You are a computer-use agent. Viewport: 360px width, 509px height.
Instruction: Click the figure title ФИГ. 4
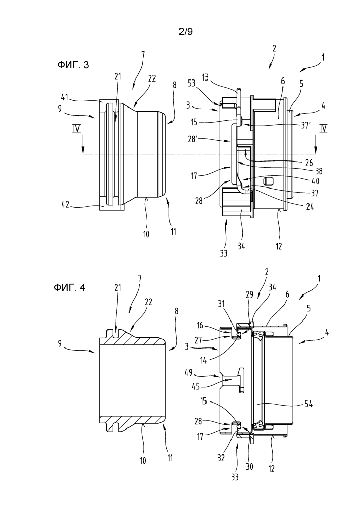coord(69,287)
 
